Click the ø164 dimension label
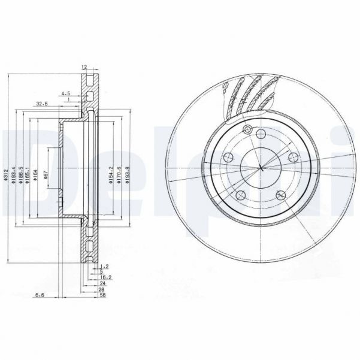37,174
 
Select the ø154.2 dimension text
110,174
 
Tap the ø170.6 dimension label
119,174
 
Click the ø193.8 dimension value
128,174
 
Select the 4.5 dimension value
66,93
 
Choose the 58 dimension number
103,295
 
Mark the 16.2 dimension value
105,277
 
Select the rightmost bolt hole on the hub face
294,158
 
